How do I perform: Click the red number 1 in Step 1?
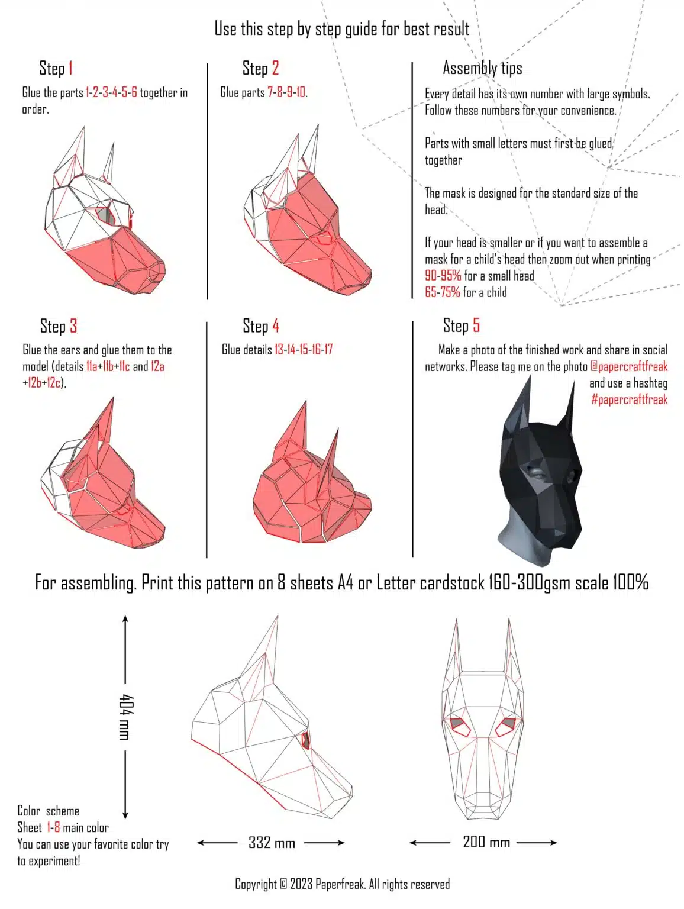[70, 68]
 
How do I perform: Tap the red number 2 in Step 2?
[275, 68]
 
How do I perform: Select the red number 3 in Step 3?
[73, 326]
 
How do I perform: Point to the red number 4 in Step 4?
[275, 325]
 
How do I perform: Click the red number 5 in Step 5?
[476, 325]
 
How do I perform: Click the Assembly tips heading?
[482, 68]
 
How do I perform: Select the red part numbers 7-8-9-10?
[286, 92]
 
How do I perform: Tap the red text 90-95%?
[443, 276]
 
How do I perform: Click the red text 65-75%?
[443, 292]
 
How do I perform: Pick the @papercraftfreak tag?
[628, 366]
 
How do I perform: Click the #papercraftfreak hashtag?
[629, 399]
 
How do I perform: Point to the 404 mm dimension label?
[124, 717]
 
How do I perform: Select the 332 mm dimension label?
[272, 843]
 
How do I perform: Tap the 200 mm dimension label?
[486, 842]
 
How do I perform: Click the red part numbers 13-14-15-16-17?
[304, 350]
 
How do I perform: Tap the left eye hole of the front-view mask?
[458, 724]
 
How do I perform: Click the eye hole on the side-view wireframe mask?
[306, 740]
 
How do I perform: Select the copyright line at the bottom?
[342, 884]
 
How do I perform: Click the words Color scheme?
[48, 811]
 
